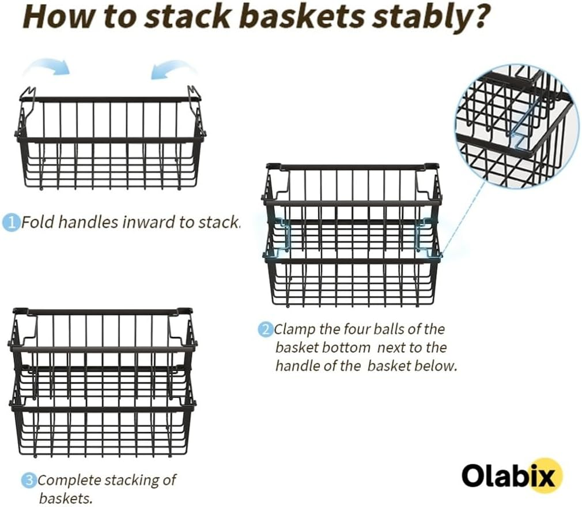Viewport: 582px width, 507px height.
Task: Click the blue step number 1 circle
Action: (x=11, y=223)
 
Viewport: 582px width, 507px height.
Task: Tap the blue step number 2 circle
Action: (x=265, y=330)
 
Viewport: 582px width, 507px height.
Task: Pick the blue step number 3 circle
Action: (x=29, y=480)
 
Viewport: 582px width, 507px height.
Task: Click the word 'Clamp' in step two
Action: (x=294, y=330)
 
